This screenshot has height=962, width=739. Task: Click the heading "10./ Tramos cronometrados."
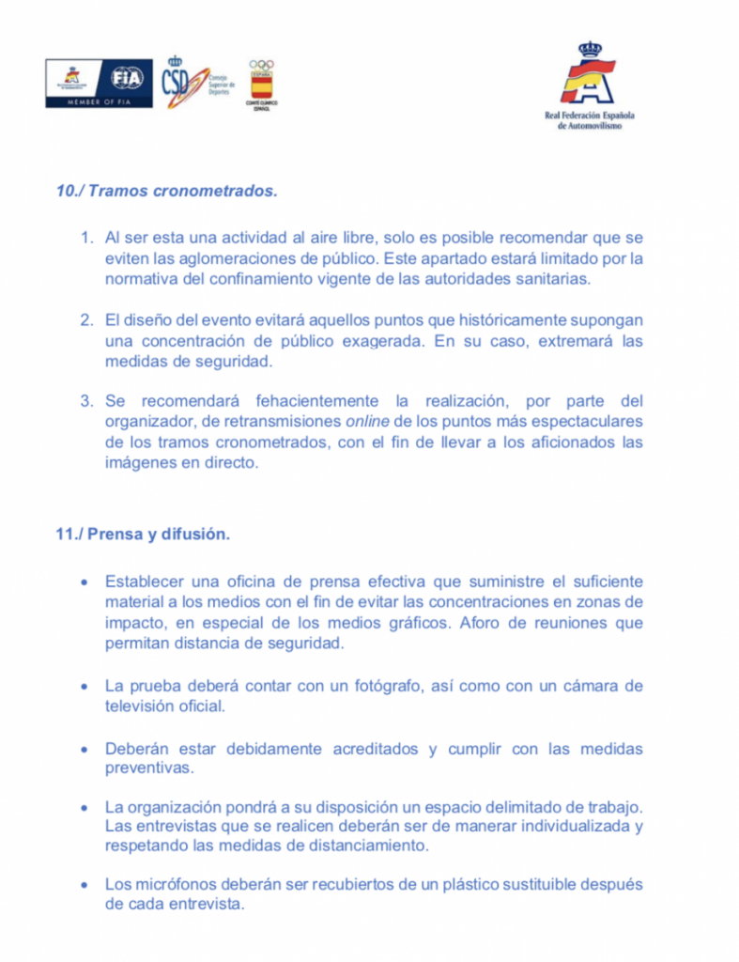pyautogui.click(x=167, y=191)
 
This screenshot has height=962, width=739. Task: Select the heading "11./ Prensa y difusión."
pyautogui.click(x=143, y=535)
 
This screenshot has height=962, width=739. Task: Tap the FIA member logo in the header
pyautogui.click(x=99, y=82)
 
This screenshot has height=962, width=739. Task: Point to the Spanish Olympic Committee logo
pyautogui.click(x=261, y=84)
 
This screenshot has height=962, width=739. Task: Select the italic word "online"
pyautogui.click(x=368, y=422)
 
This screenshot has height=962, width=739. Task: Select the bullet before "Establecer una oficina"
pyautogui.click(x=85, y=582)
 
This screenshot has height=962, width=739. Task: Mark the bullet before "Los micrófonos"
pyautogui.click(x=85, y=886)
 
